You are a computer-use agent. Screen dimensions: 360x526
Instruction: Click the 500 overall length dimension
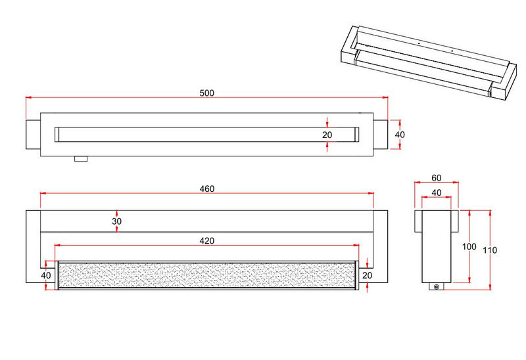click(x=206, y=93)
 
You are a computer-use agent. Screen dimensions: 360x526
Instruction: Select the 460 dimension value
click(x=206, y=189)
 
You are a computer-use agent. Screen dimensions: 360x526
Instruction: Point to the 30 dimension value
click(x=116, y=222)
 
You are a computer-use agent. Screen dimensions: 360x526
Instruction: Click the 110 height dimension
click(x=491, y=250)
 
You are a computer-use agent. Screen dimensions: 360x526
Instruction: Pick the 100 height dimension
click(x=468, y=246)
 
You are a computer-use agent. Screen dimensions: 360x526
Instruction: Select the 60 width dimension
click(x=436, y=177)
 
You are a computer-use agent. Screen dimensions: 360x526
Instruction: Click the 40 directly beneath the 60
click(x=436, y=192)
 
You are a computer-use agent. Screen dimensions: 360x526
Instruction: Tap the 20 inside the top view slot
click(x=327, y=135)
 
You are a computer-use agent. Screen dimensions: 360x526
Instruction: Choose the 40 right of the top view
click(x=400, y=134)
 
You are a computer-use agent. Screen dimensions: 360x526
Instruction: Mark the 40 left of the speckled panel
click(x=46, y=275)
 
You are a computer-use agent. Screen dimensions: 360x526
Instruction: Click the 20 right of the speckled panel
click(x=367, y=275)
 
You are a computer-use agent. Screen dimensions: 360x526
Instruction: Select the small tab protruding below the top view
click(x=81, y=159)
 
